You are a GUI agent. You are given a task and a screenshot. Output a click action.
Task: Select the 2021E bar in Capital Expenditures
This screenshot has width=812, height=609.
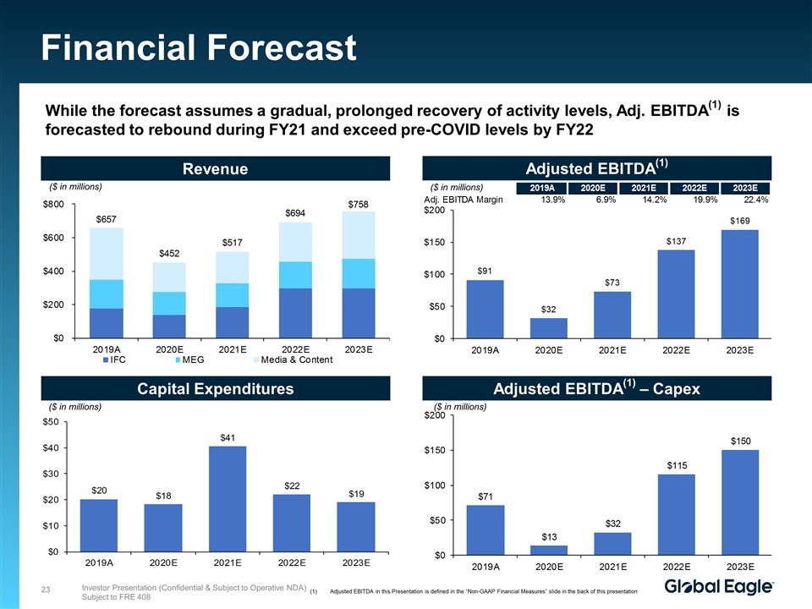point(228,498)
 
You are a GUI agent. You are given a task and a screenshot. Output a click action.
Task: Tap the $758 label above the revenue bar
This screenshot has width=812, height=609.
point(357,204)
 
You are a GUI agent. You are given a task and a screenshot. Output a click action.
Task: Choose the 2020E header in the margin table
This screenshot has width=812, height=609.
point(587,188)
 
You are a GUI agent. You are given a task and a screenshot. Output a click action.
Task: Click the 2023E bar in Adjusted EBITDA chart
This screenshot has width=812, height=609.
point(739,283)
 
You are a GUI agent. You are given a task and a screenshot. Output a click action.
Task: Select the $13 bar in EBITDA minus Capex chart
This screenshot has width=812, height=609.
point(549,550)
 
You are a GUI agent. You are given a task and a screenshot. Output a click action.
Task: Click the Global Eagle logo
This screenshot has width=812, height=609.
point(719,586)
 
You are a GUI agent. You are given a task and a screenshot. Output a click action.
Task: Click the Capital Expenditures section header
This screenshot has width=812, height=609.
point(216,389)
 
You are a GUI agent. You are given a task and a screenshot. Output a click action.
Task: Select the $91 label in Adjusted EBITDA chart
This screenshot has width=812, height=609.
point(485,271)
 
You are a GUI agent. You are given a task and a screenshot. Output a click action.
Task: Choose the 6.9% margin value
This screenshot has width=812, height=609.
point(603,200)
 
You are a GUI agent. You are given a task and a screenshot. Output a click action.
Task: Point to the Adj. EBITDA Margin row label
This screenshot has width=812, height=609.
point(464,200)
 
